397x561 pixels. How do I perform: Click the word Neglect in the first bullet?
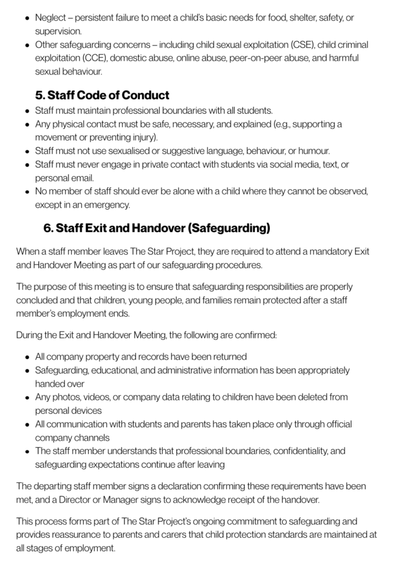tap(50, 18)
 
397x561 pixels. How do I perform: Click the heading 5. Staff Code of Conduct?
tap(102, 95)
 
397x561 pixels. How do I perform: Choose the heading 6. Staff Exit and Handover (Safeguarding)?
tap(157, 228)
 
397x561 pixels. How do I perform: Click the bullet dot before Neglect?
tap(27, 18)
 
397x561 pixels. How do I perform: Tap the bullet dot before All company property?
tap(27, 357)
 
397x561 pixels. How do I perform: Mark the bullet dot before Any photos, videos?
tap(27, 397)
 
